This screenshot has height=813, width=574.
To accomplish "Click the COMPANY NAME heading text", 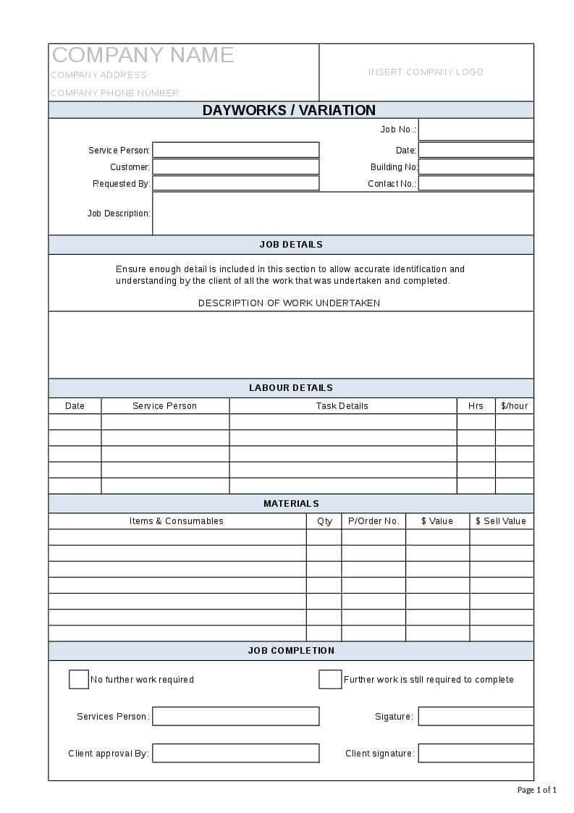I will pyautogui.click(x=143, y=55).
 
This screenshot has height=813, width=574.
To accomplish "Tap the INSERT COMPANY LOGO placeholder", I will pyautogui.click(x=426, y=72).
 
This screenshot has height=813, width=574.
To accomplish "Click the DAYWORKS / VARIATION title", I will pyautogui.click(x=289, y=110).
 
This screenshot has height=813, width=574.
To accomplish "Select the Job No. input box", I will pyautogui.click(x=476, y=130).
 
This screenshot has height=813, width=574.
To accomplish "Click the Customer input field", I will pyautogui.click(x=235, y=167).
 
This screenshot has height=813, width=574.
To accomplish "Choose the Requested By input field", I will pyautogui.click(x=235, y=183).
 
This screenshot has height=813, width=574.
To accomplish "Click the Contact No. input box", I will pyautogui.click(x=476, y=183).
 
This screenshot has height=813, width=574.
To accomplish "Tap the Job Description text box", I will pyautogui.click(x=342, y=214).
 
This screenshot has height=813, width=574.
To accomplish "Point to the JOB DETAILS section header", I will pyautogui.click(x=291, y=245).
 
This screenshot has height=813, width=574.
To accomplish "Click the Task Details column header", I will pyautogui.click(x=342, y=406).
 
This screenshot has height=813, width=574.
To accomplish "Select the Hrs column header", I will pyautogui.click(x=476, y=406).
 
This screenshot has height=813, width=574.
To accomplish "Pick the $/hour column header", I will pyautogui.click(x=515, y=406).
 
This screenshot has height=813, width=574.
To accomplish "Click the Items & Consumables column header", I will pyautogui.click(x=177, y=521).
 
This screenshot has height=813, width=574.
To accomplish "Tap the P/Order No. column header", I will pyautogui.click(x=373, y=521).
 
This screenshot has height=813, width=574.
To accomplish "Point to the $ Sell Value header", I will pyautogui.click(x=501, y=521).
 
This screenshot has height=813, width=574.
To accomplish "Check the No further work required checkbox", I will pyautogui.click(x=79, y=680).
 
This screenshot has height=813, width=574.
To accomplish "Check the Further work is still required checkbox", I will pyautogui.click(x=330, y=680).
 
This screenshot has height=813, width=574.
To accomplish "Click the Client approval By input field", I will pyautogui.click(x=235, y=754).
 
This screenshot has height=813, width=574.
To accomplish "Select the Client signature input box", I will pyautogui.click(x=476, y=754).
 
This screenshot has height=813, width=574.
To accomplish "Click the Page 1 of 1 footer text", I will pyautogui.click(x=537, y=790).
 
